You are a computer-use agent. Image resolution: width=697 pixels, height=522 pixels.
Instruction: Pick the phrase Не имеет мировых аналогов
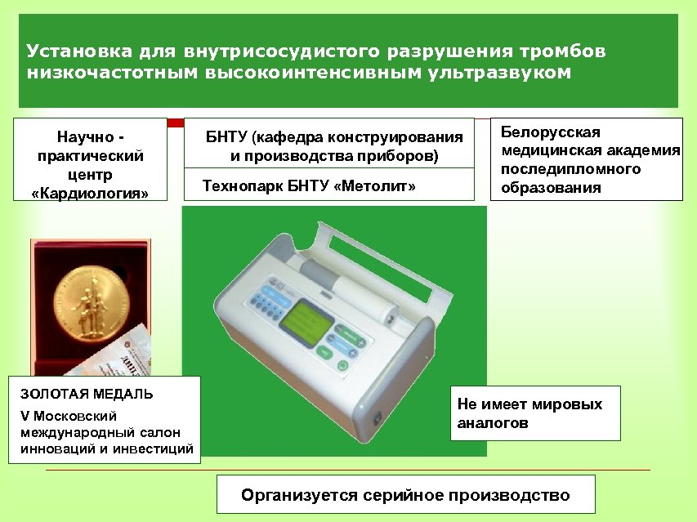click(529, 413)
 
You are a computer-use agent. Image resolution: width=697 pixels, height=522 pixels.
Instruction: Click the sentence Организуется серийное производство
click(405, 495)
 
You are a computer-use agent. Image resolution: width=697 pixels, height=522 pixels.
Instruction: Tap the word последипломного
click(570, 169)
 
